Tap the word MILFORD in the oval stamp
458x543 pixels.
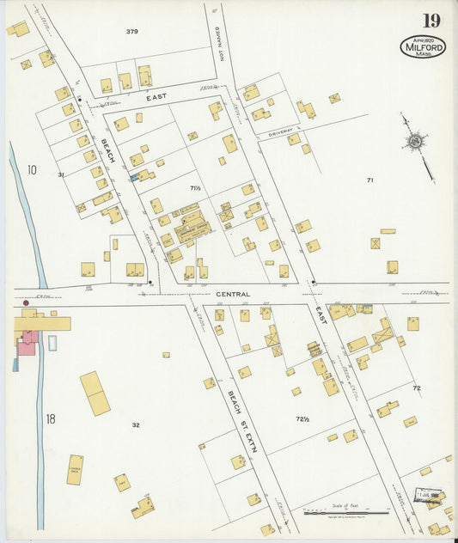tap(424, 49)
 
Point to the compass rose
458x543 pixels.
tap(416, 141)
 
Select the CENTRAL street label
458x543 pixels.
tap(233, 294)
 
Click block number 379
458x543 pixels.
tap(131, 32)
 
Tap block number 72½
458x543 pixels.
tap(302, 419)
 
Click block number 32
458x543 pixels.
tap(136, 424)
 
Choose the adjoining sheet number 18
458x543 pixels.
tap(50, 419)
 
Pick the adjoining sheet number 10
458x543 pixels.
tap(31, 170)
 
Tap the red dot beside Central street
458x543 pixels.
tap(26, 303)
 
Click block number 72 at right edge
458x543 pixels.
tap(417, 388)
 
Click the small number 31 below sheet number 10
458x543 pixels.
tap(61, 175)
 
